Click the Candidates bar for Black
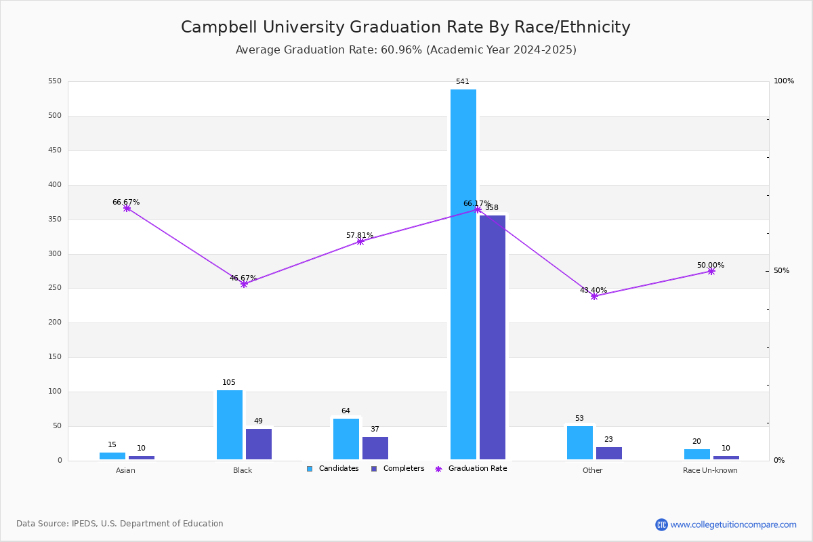230,425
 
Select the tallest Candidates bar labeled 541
463,274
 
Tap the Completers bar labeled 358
492,337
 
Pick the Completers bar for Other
608,453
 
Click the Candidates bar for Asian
112,456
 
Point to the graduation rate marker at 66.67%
127,209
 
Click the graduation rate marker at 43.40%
593,297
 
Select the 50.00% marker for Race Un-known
711,272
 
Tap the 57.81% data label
359,235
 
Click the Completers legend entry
398,469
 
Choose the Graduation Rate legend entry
471,469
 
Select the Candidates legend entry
333,469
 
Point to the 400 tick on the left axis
55,185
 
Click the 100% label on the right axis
784,81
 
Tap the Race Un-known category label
710,470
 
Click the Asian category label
125,470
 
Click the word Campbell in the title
219,27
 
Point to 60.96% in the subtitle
401,49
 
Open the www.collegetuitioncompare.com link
733,524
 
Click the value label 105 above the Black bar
229,382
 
